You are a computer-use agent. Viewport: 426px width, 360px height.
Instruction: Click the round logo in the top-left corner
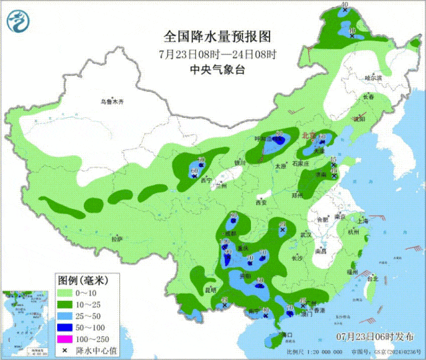(19, 23)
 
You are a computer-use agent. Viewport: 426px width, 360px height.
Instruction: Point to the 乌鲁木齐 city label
(112, 102)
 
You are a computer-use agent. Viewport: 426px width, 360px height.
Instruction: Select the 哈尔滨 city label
(374, 78)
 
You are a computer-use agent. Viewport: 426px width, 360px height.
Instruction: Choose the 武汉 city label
(306, 234)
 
